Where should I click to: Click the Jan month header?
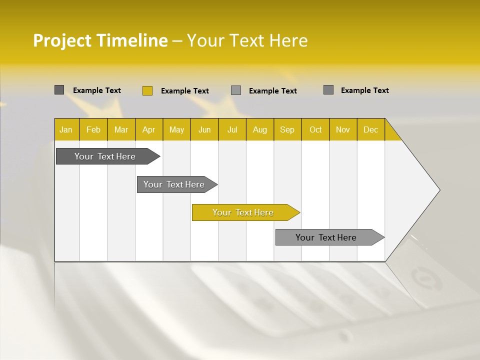click(66, 129)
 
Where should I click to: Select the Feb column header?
click(93, 129)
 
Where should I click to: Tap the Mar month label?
click(121, 129)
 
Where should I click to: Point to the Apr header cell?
click(149, 129)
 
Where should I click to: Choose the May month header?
click(176, 129)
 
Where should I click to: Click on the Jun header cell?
click(204, 129)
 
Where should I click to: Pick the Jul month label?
click(232, 129)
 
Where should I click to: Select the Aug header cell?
click(260, 129)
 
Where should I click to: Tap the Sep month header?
click(287, 129)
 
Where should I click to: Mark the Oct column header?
click(315, 129)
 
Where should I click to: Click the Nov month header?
click(343, 129)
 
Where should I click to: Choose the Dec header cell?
click(371, 129)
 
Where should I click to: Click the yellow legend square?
click(147, 90)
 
